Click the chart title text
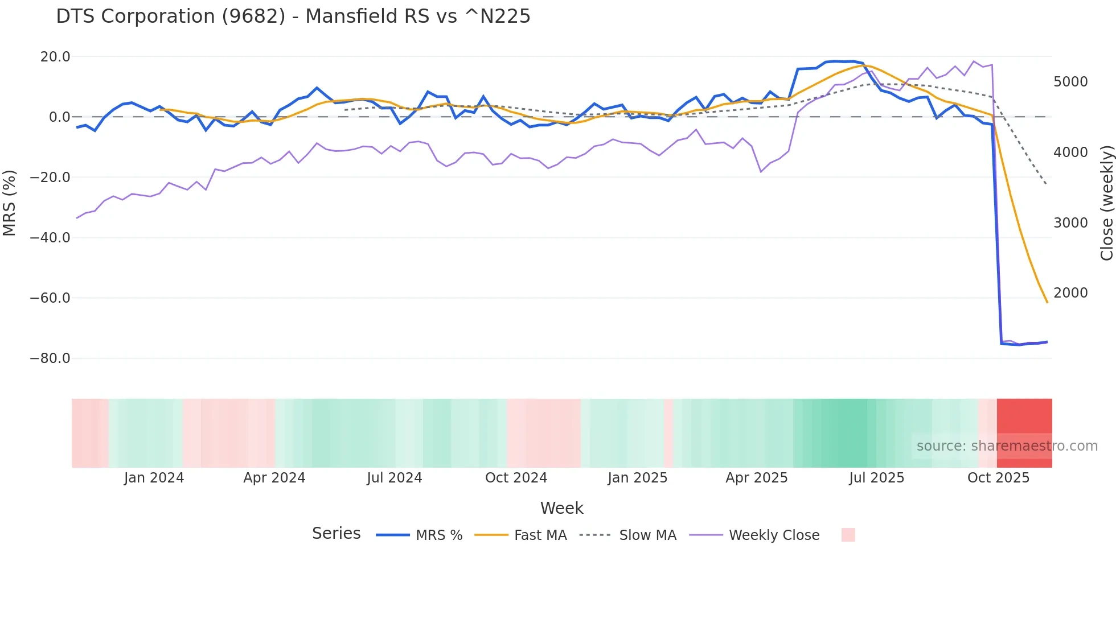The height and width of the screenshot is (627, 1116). point(293,16)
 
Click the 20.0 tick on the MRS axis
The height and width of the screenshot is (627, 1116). point(55,57)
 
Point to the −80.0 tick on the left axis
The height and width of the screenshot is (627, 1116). point(50,358)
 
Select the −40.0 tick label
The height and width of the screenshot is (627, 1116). point(50,238)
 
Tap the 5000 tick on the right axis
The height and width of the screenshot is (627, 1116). point(1070,82)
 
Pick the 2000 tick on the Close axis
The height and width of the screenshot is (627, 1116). point(1070,293)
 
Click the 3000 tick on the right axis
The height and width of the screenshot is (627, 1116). point(1070,223)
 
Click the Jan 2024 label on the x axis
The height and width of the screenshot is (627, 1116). point(154,478)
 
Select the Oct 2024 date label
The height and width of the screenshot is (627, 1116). point(516,478)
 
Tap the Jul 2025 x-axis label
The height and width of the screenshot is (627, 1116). point(876,478)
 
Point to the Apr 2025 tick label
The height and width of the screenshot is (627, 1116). point(756,478)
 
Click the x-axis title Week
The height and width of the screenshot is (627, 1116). point(561,508)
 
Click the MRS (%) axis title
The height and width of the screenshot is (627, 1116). point(10,203)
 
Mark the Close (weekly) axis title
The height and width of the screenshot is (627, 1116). point(1106,203)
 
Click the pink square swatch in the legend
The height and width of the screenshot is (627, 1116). point(848,535)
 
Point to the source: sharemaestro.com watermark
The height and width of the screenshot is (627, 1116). point(1007,446)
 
